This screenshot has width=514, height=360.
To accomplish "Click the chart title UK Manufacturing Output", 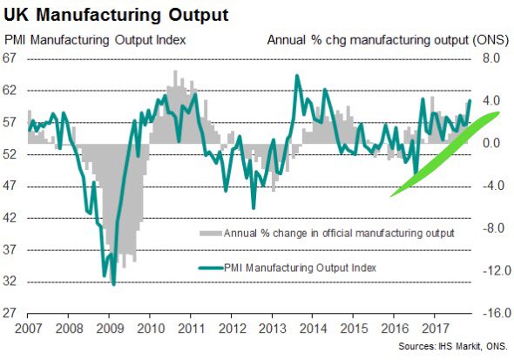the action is [x=116, y=15].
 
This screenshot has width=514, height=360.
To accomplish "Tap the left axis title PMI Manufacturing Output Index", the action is [x=95, y=40].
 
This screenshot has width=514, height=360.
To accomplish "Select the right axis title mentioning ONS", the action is [x=388, y=40].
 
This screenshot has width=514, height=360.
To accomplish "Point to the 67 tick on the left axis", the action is [x=10, y=58].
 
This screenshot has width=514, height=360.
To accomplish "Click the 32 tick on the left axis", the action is [x=10, y=282].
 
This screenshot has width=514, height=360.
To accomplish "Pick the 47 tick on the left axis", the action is [x=10, y=186].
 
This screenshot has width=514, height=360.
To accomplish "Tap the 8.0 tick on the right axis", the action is [x=491, y=58].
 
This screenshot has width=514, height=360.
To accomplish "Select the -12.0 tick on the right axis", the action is [x=497, y=270].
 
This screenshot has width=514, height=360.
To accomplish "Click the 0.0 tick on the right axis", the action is [x=491, y=143].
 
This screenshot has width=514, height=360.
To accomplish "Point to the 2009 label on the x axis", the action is [x=110, y=329].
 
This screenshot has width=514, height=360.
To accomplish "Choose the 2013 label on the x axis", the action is [x=273, y=329].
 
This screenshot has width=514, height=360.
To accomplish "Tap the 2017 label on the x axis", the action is [x=436, y=329].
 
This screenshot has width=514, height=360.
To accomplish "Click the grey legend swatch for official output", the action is [x=211, y=234].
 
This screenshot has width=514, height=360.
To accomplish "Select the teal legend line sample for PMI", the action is [x=211, y=268].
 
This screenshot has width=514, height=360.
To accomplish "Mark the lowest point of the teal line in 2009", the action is [x=114, y=284].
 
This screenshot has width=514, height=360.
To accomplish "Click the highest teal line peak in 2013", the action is [x=297, y=76].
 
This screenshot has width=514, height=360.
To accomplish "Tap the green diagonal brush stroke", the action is [x=445, y=154].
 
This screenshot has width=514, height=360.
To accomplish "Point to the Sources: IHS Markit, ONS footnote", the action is [x=453, y=346].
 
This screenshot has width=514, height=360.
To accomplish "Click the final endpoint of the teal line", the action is [x=470, y=100].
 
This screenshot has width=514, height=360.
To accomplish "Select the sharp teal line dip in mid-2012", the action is [x=254, y=207].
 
